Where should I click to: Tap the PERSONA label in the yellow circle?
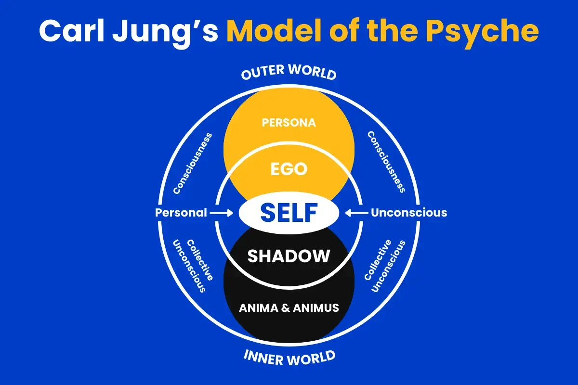(289, 123)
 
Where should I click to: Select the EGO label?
(289, 169)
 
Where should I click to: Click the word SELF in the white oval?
(289, 212)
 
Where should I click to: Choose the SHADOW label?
(289, 256)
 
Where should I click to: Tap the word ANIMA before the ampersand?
(259, 307)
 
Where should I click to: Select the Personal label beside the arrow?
(181, 212)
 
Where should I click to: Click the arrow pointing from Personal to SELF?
(223, 212)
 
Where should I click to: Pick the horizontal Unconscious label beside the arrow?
(409, 212)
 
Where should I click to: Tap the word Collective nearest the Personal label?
(200, 260)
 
